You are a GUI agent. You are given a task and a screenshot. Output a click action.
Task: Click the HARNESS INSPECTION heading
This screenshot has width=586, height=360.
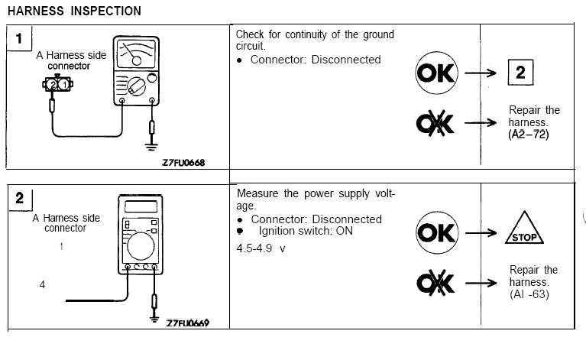point(74,11)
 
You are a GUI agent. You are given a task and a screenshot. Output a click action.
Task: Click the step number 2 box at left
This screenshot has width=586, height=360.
point(19,199)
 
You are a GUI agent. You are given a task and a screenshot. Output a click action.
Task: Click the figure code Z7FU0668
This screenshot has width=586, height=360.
point(183,162)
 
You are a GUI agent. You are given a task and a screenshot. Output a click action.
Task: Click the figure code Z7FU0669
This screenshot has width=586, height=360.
point(187,323)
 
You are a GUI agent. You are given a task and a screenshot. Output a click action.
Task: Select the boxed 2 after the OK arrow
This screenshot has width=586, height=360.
point(521,73)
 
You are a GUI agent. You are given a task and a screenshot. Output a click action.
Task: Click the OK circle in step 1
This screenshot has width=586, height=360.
point(435,73)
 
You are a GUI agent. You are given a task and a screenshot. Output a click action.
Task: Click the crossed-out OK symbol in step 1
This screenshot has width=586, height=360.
point(435,124)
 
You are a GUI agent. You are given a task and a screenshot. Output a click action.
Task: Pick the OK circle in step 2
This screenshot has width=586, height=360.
point(435,232)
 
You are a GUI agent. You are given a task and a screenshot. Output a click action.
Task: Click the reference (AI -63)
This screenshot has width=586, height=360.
point(530,294)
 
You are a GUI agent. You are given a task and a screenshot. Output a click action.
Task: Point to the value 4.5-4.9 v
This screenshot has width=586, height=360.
point(261,248)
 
